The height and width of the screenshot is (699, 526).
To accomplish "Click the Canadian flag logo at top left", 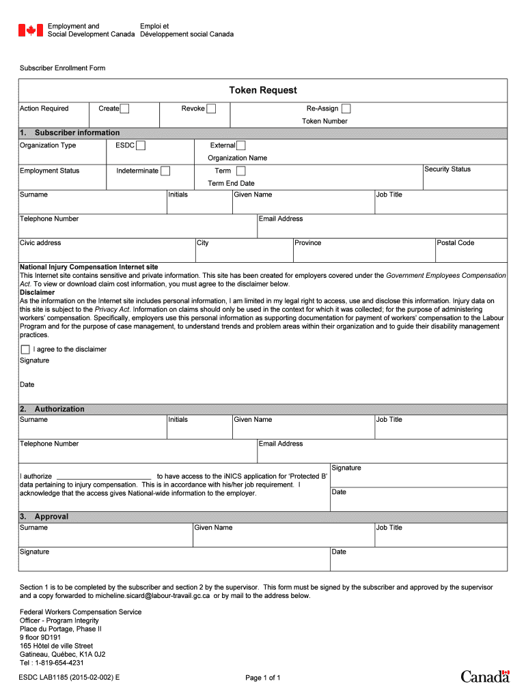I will click(x=30, y=30).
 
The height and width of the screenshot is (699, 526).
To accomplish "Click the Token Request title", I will click(x=263, y=90).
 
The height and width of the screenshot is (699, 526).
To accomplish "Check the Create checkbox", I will click(x=125, y=109).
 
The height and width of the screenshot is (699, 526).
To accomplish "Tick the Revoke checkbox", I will click(x=211, y=109).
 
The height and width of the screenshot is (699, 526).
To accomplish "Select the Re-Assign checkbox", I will click(x=346, y=109).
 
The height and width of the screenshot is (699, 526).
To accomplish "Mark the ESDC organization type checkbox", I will click(x=140, y=145).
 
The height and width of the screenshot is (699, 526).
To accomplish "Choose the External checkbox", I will click(x=241, y=145).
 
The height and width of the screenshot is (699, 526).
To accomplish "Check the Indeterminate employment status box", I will click(x=165, y=171).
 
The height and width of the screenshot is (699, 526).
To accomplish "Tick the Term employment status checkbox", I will click(x=241, y=171).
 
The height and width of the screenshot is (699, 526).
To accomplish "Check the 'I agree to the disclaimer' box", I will click(x=25, y=349).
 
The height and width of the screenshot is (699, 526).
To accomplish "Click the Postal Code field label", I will click(x=456, y=243).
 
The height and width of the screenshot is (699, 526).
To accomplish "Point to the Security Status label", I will click(x=447, y=169).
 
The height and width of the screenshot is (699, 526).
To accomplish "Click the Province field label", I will click(x=308, y=243).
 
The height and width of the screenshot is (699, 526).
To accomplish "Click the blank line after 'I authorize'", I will click(x=104, y=476).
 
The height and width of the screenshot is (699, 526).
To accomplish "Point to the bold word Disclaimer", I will click(x=37, y=292).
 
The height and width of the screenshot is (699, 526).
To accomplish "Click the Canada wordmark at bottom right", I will click(x=485, y=676).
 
